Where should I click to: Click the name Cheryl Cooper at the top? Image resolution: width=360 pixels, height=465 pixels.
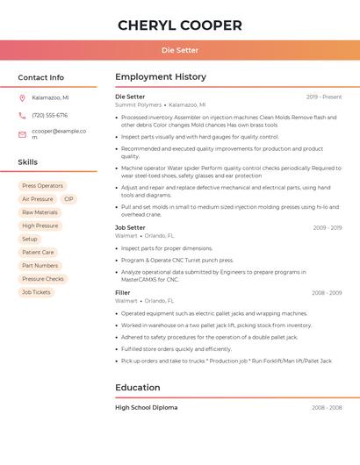[x=180, y=25]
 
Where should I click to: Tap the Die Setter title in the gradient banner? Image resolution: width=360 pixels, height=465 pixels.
[x=180, y=50]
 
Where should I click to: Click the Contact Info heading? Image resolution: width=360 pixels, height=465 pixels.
[x=41, y=77]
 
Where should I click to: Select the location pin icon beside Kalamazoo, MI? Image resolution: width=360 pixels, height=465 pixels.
[x=22, y=98]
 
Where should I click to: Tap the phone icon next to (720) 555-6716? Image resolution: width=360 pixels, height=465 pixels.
[x=22, y=116]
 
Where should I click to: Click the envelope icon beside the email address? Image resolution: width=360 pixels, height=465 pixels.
[x=22, y=134]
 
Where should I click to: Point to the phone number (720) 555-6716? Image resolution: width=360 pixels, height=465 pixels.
[x=49, y=116]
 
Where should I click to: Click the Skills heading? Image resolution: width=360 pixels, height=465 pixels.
[x=28, y=162]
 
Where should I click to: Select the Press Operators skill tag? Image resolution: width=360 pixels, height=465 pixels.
[x=42, y=186]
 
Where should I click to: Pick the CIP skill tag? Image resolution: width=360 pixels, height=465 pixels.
[x=68, y=199]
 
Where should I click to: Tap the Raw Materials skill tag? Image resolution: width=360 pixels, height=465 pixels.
[x=40, y=212]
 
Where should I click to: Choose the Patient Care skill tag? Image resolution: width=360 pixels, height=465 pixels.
[x=38, y=252]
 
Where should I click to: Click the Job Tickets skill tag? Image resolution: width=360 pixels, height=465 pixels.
[x=36, y=292]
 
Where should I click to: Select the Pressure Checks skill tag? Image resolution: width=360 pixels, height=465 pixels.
[x=43, y=279]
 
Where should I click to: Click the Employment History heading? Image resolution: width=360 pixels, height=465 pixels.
[x=161, y=77]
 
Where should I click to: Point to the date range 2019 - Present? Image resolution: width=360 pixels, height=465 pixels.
[x=324, y=97]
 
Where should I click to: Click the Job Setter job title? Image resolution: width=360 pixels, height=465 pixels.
[x=130, y=227]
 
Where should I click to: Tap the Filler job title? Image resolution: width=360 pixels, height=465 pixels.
[x=123, y=292]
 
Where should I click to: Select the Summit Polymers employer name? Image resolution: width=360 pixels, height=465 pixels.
[x=138, y=104]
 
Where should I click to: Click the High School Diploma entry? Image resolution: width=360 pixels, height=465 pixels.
[x=146, y=407]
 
